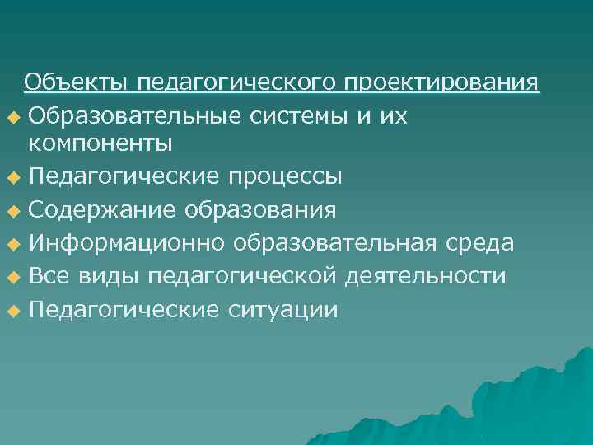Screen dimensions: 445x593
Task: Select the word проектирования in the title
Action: point(442,84)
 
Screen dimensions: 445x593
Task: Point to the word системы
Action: point(300,117)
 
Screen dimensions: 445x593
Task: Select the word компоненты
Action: point(100,143)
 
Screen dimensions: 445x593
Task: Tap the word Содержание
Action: point(100,210)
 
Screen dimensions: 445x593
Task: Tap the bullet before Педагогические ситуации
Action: point(11,311)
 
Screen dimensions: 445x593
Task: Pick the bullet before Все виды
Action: point(11,278)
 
